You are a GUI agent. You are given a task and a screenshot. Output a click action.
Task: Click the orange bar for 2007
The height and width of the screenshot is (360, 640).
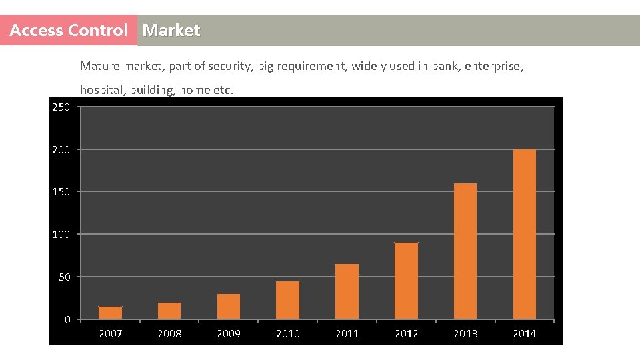tap(110, 313)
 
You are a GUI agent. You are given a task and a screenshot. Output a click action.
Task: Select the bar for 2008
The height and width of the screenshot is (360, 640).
tap(169, 311)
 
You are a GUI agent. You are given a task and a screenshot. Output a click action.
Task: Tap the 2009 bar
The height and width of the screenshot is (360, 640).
tap(229, 307)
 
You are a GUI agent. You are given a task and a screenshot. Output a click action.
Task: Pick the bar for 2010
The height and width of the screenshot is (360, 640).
tap(287, 300)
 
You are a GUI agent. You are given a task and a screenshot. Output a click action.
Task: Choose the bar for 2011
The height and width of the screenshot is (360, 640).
tap(347, 291)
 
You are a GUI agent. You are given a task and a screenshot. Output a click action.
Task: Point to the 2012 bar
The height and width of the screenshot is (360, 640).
tap(406, 281)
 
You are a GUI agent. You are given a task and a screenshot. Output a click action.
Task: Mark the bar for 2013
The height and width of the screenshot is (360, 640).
tap(465, 251)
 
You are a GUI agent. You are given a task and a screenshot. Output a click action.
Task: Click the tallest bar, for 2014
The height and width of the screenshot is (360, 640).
tap(524, 234)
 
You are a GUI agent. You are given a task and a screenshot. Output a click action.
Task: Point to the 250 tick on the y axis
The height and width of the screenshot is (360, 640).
tap(61, 107)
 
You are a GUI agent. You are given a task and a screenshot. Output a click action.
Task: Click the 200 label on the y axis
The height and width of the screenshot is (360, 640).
tap(61, 150)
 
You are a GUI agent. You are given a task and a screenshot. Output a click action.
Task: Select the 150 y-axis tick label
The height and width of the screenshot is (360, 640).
tap(61, 192)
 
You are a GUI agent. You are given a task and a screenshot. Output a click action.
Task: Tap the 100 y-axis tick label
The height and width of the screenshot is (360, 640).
tap(61, 235)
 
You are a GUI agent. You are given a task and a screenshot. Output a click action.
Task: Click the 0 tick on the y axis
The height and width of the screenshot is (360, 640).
tap(67, 320)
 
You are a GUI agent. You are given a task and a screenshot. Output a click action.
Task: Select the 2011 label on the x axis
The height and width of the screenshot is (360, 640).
tap(347, 334)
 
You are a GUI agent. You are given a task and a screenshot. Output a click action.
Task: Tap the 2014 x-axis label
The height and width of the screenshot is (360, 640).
tap(524, 334)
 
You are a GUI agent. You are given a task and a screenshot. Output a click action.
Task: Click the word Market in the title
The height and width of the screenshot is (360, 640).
tap(171, 31)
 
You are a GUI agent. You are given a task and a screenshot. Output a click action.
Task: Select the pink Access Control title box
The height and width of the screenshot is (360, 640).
tap(69, 31)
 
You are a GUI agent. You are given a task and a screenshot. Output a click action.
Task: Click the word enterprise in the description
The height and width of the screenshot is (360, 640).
tap(493, 66)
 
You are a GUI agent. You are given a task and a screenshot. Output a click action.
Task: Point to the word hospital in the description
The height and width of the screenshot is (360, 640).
tap(102, 90)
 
